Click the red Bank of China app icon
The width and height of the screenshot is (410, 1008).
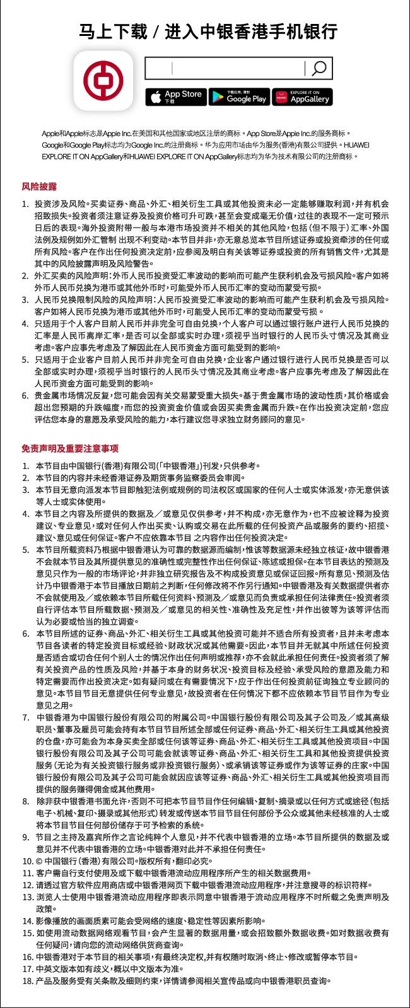(x=103, y=80)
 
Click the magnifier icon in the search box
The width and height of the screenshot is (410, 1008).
(x=319, y=69)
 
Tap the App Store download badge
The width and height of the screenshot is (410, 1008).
(x=175, y=96)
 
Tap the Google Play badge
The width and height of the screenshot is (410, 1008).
(x=239, y=96)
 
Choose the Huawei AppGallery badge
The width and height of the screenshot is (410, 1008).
(x=302, y=96)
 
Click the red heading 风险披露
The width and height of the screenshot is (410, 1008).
(x=39, y=187)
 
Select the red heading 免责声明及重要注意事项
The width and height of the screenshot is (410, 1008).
(x=70, y=448)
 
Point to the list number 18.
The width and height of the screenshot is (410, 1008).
(x=27, y=980)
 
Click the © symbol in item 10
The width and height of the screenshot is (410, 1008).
(x=40, y=861)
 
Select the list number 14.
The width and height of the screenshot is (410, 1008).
(x=27, y=920)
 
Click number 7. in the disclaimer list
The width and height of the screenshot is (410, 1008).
(x=26, y=717)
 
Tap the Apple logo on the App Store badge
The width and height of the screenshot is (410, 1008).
(x=156, y=96)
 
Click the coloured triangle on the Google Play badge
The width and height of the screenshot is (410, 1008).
(x=218, y=97)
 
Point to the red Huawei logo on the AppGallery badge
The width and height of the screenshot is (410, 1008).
(x=281, y=97)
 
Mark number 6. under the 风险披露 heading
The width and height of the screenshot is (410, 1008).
(x=25, y=395)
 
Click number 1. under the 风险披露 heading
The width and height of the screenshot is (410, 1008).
(x=25, y=204)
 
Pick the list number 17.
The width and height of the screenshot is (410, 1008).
(x=27, y=968)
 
